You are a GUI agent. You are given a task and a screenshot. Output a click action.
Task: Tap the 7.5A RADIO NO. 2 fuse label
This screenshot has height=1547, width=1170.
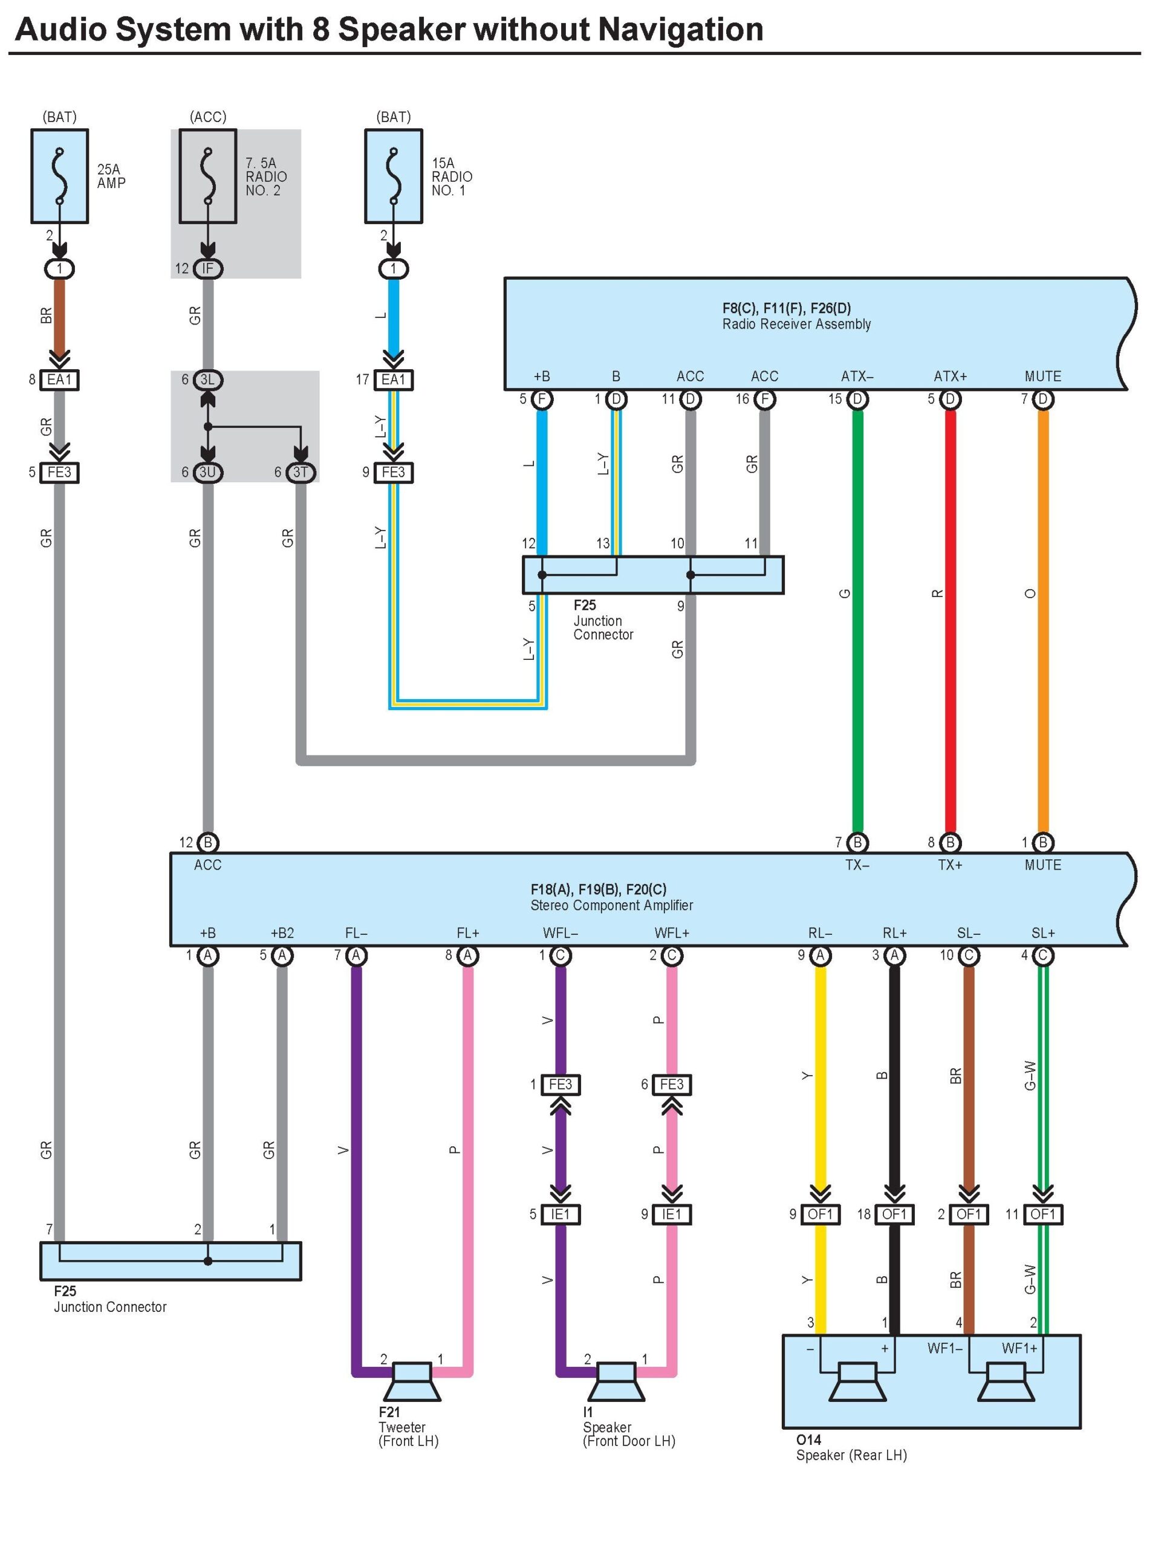click(266, 176)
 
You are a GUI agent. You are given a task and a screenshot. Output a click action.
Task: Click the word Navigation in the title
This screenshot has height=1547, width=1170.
click(680, 30)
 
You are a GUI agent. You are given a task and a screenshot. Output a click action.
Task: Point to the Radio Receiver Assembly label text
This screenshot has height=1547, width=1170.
click(796, 324)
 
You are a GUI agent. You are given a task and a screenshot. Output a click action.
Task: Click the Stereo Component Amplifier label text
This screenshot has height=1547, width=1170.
click(611, 905)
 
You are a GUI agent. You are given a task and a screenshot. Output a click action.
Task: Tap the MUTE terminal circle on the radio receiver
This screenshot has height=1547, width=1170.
click(1042, 399)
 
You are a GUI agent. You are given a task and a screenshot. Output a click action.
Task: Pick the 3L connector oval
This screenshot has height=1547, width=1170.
click(208, 379)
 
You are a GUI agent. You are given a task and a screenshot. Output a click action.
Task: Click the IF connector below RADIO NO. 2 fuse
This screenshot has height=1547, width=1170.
click(208, 268)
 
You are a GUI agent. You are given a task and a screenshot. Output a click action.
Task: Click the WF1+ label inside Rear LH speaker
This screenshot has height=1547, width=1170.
click(1019, 1348)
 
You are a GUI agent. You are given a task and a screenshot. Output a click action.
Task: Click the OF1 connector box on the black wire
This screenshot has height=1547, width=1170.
click(894, 1214)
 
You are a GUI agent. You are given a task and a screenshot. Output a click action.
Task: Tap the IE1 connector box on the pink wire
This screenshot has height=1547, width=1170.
click(671, 1214)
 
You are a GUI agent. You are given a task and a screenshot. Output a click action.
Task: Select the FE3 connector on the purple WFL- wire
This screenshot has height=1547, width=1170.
click(560, 1085)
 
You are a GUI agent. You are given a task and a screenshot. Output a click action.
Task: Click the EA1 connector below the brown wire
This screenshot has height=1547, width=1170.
click(59, 379)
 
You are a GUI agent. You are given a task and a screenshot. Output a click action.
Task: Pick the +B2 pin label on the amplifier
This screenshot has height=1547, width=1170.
click(282, 933)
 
